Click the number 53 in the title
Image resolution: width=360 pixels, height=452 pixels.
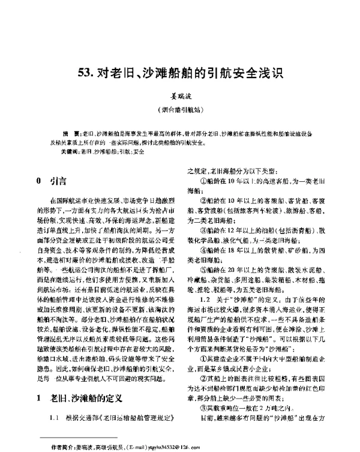[x=85, y=74]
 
